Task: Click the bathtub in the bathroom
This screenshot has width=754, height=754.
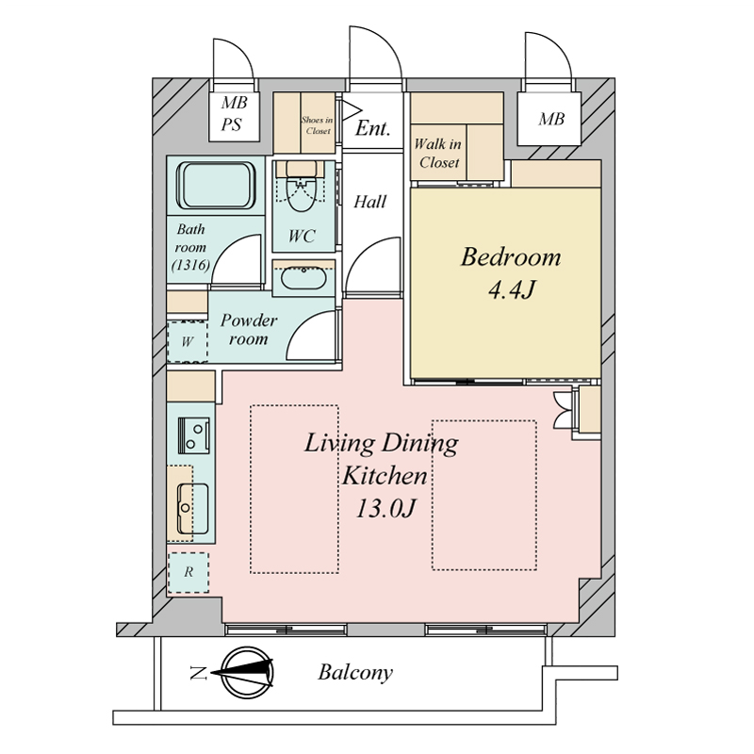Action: [x=216, y=185]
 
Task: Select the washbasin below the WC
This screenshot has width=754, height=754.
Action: [x=303, y=278]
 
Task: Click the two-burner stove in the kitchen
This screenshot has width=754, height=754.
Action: [x=194, y=435]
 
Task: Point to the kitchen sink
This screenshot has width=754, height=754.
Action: [x=192, y=509]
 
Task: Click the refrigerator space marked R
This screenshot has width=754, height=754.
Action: [x=188, y=572]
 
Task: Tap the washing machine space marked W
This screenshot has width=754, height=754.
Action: [x=187, y=341]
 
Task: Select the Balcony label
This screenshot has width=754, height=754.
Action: [x=355, y=673]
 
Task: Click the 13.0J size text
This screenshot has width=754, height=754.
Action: [x=385, y=508]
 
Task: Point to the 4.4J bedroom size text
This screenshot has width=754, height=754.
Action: [x=512, y=290]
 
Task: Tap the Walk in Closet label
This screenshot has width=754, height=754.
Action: [x=438, y=153]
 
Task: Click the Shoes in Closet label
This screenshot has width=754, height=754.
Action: [x=318, y=125]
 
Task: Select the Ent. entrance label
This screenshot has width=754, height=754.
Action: [x=372, y=128]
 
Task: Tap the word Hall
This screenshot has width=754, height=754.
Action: [x=369, y=202]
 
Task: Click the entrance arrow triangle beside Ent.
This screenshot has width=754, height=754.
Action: [x=351, y=109]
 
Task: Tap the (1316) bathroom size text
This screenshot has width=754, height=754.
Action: [x=191, y=265]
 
